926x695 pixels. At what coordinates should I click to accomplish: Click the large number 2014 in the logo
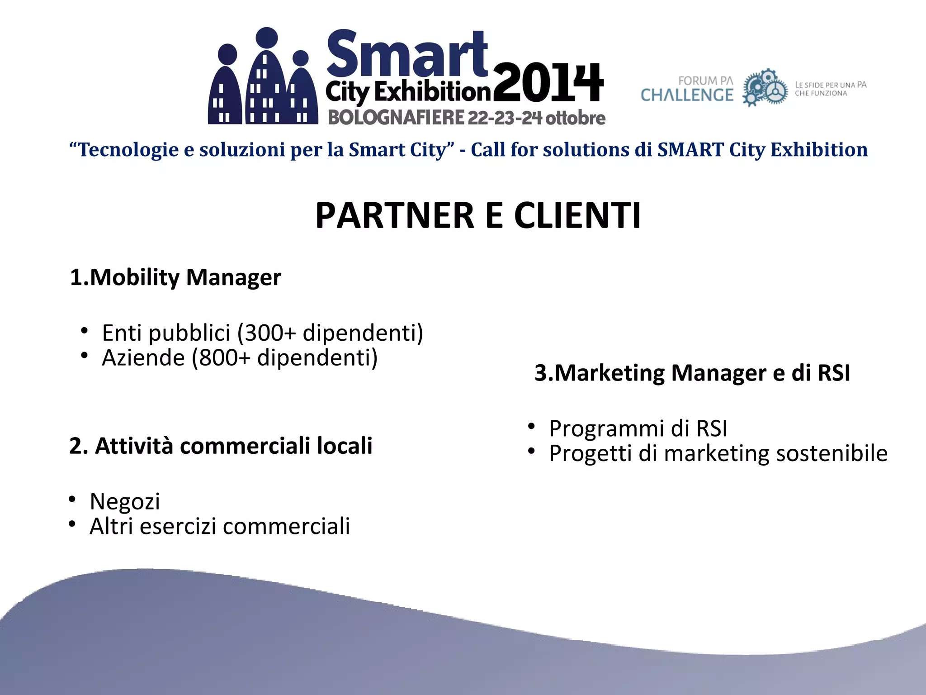tap(548, 84)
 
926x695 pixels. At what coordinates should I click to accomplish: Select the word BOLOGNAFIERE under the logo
tap(396, 118)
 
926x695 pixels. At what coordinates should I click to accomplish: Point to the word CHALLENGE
tap(687, 95)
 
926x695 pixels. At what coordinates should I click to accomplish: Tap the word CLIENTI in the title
tap(577, 216)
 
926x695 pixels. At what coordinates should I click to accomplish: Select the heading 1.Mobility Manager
tap(175, 277)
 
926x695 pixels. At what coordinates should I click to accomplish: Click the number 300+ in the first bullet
tap(270, 333)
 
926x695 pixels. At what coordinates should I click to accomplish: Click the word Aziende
tap(143, 358)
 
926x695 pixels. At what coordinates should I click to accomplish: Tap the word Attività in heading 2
tap(134, 446)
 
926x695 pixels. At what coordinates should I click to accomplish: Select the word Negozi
tap(125, 501)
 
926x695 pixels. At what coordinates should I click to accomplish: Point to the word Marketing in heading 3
tap(609, 373)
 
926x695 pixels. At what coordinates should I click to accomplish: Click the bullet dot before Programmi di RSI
tap(531, 426)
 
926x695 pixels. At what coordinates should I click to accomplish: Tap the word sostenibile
tap(832, 453)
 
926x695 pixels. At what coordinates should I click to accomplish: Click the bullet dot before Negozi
tap(72, 500)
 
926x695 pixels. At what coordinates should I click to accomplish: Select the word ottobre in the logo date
tap(575, 118)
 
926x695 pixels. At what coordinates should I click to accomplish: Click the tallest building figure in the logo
tap(266, 77)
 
